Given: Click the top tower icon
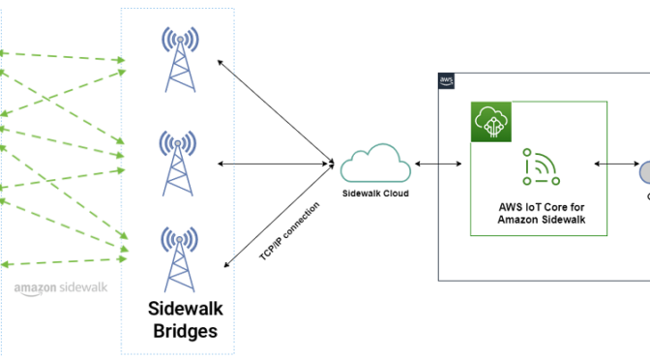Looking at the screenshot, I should (177, 59).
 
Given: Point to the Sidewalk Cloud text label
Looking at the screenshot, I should (376, 194).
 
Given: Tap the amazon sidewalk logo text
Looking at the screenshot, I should (60, 287).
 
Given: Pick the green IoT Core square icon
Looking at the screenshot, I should (490, 122).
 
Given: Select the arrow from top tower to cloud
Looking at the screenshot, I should (273, 109).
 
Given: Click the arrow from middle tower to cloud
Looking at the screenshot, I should (276, 164).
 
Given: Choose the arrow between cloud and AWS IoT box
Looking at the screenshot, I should (437, 165).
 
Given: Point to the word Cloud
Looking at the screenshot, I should (394, 194).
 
